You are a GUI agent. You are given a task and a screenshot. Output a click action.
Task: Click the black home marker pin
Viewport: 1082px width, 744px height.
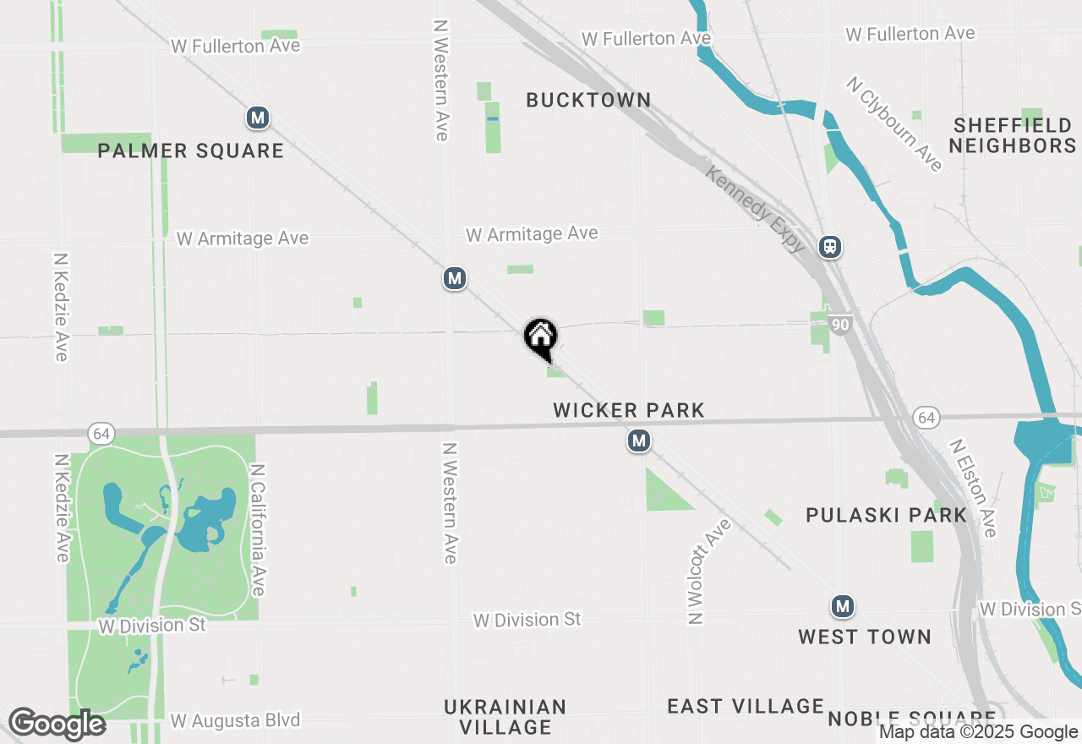[541, 336]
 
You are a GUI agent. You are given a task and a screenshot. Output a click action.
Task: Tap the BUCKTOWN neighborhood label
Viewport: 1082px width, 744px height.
[588, 101]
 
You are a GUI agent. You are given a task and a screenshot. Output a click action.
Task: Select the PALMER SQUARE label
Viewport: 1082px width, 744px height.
[190, 151]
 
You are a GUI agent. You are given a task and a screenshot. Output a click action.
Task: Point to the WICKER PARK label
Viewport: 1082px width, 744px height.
[628, 411]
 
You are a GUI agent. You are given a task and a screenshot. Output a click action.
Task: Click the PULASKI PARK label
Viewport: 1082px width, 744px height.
[886, 515]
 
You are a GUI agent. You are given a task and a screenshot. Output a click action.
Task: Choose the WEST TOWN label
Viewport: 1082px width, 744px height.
[865, 637]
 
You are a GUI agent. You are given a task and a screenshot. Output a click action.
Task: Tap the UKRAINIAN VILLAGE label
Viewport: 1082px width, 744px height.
[505, 716]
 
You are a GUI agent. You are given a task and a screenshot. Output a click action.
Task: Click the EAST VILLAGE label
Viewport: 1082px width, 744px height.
[745, 706]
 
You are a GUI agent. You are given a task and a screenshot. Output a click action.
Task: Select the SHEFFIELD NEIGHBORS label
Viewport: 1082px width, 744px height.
[1012, 135]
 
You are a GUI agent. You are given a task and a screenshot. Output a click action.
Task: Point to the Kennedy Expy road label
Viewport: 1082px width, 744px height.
[755, 209]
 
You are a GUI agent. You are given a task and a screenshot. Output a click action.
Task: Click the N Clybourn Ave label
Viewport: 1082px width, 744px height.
[893, 123]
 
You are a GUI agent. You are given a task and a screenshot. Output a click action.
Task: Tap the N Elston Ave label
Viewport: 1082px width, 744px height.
[973, 488]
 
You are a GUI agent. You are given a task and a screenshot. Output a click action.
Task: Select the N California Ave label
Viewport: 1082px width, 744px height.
[258, 529]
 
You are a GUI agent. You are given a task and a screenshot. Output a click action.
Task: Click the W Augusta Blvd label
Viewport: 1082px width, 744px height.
[235, 721]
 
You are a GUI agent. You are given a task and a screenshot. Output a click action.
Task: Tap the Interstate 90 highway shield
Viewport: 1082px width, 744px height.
[839, 324]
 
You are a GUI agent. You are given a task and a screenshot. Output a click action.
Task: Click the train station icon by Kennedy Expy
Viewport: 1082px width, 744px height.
[830, 247]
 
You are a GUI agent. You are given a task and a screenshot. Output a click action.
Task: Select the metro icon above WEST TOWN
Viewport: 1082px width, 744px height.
[842, 606]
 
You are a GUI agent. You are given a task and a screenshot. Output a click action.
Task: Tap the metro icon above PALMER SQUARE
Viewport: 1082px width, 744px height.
[258, 118]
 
